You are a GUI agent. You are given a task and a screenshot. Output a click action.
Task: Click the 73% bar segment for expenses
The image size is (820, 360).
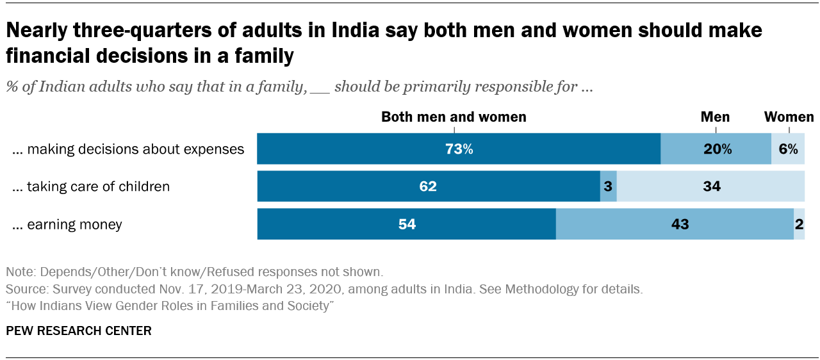pyautogui.click(x=459, y=149)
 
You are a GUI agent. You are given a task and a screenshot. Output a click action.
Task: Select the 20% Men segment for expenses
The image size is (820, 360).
pyautogui.click(x=716, y=149)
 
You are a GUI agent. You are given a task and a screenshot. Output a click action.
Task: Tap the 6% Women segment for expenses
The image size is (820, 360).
pyautogui.click(x=788, y=149)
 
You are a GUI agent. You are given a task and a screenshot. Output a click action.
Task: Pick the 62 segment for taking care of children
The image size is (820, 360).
pyautogui.click(x=428, y=186)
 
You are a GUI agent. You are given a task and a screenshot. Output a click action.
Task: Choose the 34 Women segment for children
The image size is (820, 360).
pyautogui.click(x=710, y=186)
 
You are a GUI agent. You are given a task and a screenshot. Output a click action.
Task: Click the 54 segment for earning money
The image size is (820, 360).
pyautogui.click(x=406, y=224)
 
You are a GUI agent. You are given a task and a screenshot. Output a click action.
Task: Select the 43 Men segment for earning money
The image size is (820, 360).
pyautogui.click(x=675, y=224)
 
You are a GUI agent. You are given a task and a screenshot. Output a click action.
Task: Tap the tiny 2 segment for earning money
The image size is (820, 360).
pyautogui.click(x=799, y=224)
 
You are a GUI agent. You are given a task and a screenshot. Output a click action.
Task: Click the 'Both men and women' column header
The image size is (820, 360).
pyautogui.click(x=454, y=117)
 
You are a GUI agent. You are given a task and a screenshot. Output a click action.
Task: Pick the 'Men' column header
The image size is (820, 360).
pyautogui.click(x=715, y=117)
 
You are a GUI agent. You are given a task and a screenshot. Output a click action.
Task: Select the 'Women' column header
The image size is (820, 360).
pyautogui.click(x=789, y=117)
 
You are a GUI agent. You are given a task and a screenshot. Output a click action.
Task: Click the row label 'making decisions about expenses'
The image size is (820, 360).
pyautogui.click(x=128, y=149)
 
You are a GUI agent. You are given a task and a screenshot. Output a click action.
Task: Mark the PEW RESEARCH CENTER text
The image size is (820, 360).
pyautogui.click(x=79, y=331)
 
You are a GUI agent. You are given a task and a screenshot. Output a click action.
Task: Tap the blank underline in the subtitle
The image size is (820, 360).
pyautogui.click(x=320, y=88)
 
